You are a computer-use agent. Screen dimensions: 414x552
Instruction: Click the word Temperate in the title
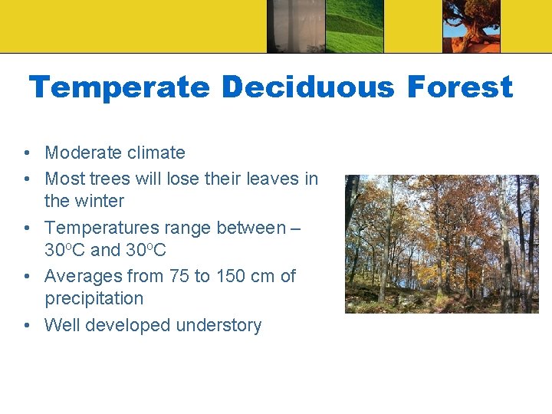point(119,88)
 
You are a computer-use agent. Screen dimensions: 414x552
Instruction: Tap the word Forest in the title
point(459,88)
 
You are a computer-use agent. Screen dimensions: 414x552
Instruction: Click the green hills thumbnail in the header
point(354,26)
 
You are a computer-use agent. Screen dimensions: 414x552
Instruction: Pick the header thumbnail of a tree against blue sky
point(471,26)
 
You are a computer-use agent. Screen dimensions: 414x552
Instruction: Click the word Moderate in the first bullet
point(83,153)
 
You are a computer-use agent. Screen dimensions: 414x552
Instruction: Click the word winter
point(97,201)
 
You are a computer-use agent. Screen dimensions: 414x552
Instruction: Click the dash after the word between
point(296,228)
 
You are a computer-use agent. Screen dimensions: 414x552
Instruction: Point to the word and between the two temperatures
point(106,251)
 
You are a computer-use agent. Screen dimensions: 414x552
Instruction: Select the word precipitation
point(94,299)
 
